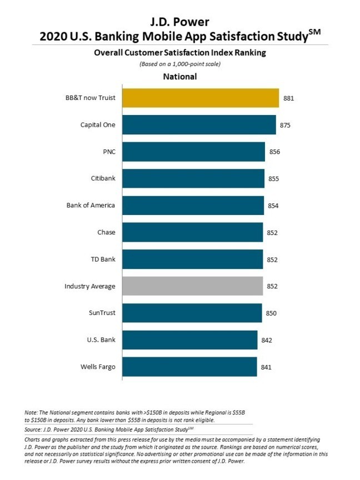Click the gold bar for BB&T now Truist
click(200, 98)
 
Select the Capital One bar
click(199, 124)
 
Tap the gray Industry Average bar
click(192, 286)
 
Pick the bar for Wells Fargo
click(189, 367)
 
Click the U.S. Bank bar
click(189, 340)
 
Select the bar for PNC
click(193, 152)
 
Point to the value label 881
click(288, 98)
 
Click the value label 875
click(285, 125)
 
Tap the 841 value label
click(266, 367)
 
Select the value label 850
click(271, 313)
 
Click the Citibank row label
click(103, 178)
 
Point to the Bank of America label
click(91, 205)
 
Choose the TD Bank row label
click(103, 259)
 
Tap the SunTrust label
click(102, 313)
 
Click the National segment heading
click(179, 76)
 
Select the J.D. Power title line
click(180, 22)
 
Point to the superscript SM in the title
click(314, 33)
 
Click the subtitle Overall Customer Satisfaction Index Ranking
click(180, 53)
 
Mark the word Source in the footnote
click(34, 429)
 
